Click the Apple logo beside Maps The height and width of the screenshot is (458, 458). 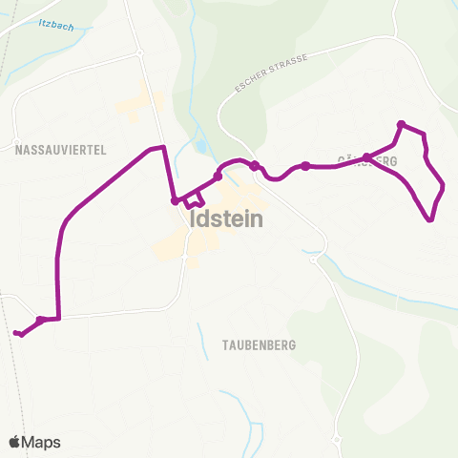click(x=15, y=442)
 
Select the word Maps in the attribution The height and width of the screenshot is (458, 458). click(x=41, y=442)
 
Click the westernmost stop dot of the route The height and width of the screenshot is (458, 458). click(x=18, y=333)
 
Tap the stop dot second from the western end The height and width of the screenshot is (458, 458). click(x=40, y=320)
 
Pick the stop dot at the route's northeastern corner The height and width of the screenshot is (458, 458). click(x=401, y=124)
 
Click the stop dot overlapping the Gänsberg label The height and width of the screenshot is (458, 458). click(x=367, y=157)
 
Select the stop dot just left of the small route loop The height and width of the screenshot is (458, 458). click(x=175, y=200)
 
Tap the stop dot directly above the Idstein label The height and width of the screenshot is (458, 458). click(x=218, y=177)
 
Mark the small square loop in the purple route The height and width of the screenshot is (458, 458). click(x=195, y=200)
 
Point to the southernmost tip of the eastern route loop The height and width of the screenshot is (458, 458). click(x=430, y=220)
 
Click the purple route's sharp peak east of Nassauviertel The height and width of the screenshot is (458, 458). click(x=164, y=147)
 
